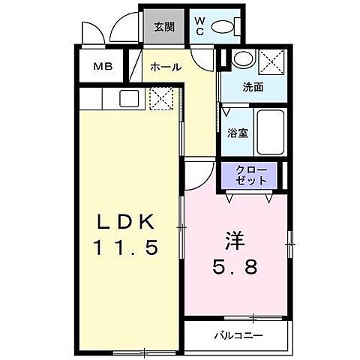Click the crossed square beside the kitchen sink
(160, 98)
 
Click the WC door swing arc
(201, 58)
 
